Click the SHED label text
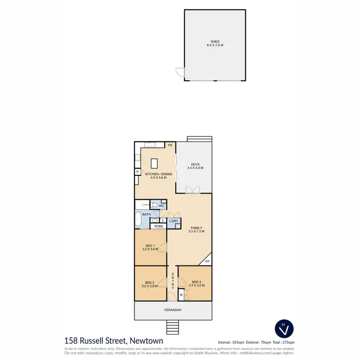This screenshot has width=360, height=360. click(x=215, y=42)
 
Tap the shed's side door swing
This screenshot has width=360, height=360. click(x=180, y=72)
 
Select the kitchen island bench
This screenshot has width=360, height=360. click(x=155, y=163)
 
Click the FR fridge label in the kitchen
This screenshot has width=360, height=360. click(x=169, y=144)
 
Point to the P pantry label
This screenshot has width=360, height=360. click(x=137, y=172)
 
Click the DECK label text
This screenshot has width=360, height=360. click(x=195, y=164)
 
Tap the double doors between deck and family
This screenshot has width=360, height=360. click(x=193, y=190)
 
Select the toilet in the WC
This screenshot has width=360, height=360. click(x=154, y=204)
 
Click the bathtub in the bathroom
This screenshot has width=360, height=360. click(x=138, y=219)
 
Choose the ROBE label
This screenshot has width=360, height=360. click(x=158, y=226)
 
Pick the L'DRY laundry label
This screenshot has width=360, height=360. click(x=173, y=221)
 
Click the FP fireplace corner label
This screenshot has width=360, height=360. click(x=207, y=262)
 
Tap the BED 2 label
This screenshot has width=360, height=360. click(x=149, y=282)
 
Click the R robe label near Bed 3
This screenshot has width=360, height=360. click(x=181, y=295)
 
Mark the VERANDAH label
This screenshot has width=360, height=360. click(x=173, y=310)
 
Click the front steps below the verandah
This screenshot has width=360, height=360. click(x=173, y=328)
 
